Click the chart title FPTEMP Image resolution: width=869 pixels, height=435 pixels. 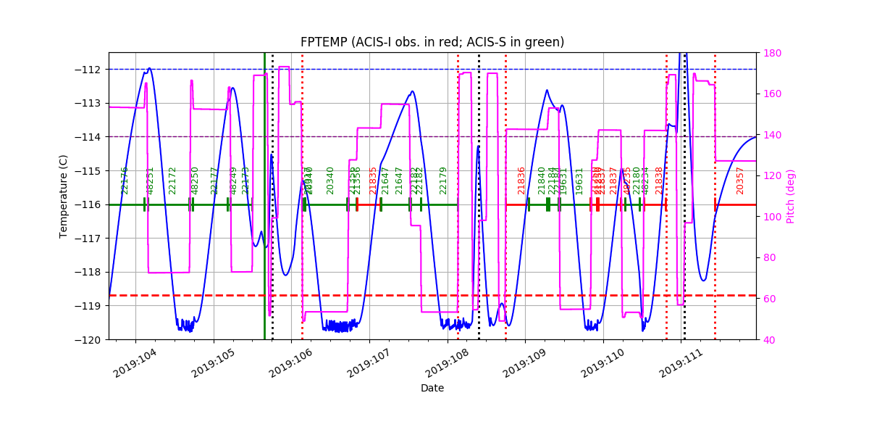[x=432, y=42]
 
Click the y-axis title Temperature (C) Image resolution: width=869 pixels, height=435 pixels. [x=64, y=196]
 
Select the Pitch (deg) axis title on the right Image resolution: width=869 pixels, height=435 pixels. [x=791, y=196]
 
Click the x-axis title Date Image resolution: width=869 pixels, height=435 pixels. [x=432, y=388]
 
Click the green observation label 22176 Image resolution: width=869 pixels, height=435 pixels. [x=125, y=181]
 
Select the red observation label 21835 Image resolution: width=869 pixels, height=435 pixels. [x=374, y=181]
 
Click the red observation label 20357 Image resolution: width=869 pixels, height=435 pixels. [x=740, y=181]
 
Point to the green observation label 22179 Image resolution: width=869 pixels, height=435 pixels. [x=443, y=181]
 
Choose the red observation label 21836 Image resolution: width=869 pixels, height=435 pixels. [x=521, y=181]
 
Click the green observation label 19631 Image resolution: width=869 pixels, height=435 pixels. [x=579, y=181]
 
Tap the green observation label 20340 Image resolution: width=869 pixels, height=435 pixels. [x=330, y=181]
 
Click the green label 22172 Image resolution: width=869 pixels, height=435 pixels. [x=172, y=181]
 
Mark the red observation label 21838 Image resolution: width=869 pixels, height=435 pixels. [x=659, y=181]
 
